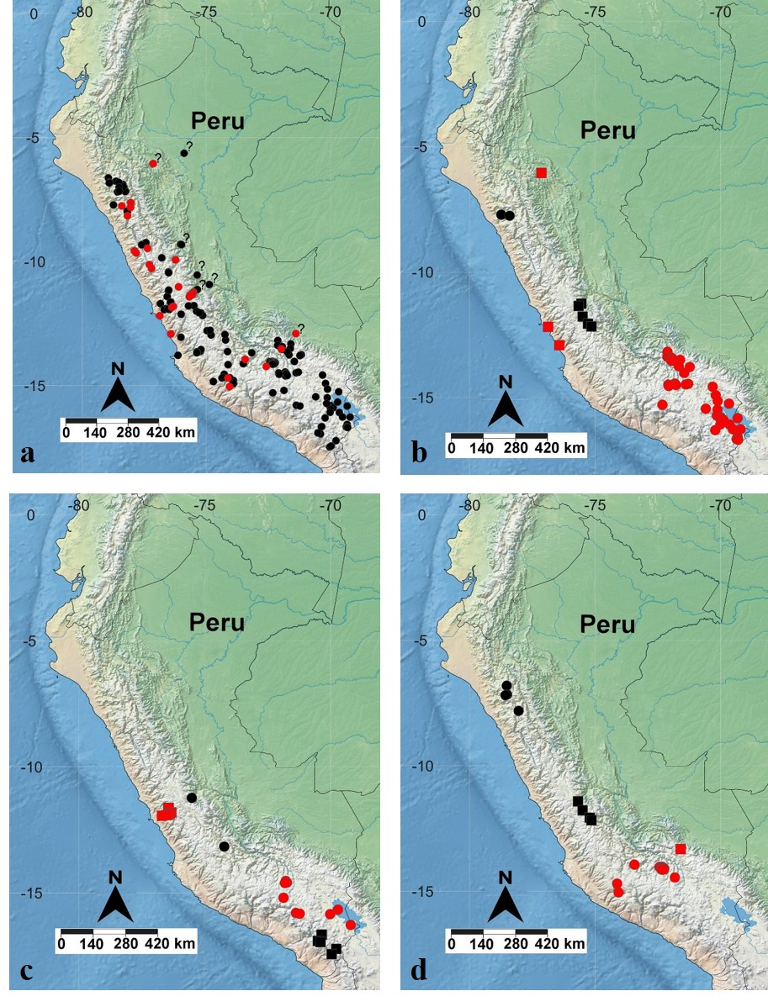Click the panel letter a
click(x=28, y=454)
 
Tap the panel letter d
click(x=418, y=971)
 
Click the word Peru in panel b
click(x=608, y=131)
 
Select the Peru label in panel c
click(x=217, y=623)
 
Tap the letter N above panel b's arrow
click(x=505, y=381)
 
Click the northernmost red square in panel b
click(x=542, y=173)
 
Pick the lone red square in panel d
click(x=681, y=849)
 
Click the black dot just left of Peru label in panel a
click(x=184, y=152)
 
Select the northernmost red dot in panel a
click(x=153, y=163)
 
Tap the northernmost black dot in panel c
click(x=192, y=797)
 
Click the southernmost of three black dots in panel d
click(x=519, y=710)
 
